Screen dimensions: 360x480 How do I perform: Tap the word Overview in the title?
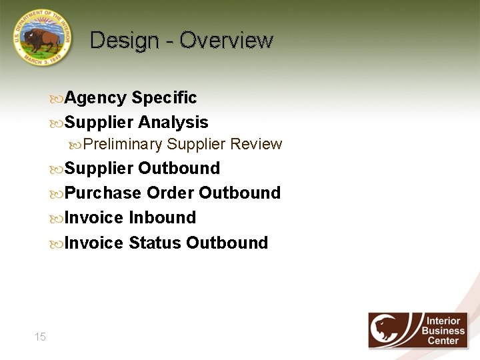226,41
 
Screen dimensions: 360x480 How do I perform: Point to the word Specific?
164,98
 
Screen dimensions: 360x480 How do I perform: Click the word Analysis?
173,123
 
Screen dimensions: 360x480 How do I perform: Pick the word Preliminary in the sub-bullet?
123,145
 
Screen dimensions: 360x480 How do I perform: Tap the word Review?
256,145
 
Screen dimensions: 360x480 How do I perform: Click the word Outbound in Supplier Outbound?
179,168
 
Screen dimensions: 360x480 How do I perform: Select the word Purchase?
103,193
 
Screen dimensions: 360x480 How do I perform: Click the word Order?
170,193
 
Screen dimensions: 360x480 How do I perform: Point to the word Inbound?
162,218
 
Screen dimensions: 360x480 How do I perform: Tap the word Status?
155,243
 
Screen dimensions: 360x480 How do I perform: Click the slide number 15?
40,337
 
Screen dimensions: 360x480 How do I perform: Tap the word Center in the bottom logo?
443,341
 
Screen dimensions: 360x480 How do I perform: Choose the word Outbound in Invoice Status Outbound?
227,243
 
